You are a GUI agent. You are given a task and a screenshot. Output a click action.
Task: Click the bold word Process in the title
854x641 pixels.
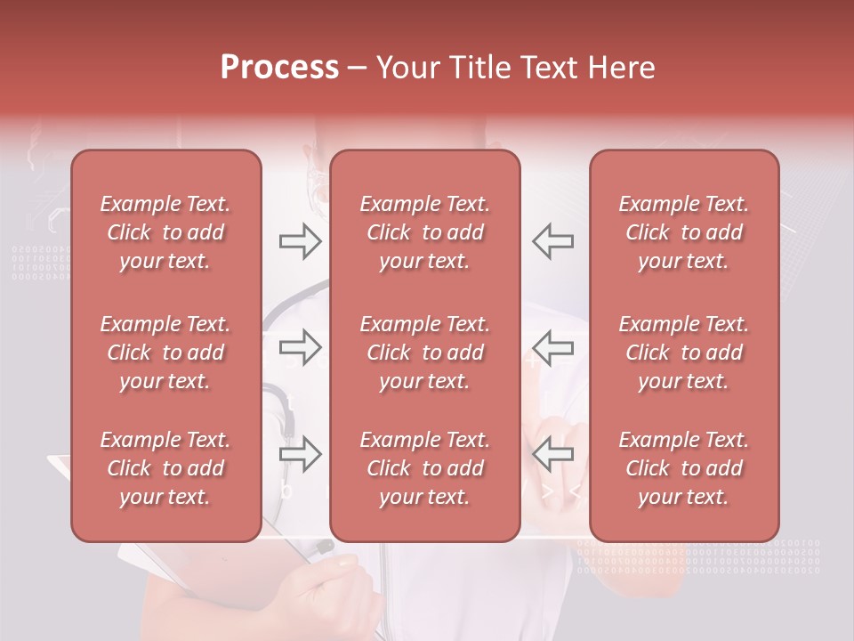pos(279,68)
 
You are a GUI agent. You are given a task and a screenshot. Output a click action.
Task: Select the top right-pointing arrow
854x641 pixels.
pos(300,241)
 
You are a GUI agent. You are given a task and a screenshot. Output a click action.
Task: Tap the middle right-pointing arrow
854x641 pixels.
pos(300,348)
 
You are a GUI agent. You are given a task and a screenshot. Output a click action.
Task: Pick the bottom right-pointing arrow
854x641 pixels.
pos(300,455)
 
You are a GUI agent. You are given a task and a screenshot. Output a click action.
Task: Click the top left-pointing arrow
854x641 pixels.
pos(552,241)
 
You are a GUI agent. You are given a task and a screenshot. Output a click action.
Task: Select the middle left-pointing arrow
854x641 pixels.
pos(552,348)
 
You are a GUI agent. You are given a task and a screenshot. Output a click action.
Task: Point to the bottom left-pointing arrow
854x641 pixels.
pos(552,455)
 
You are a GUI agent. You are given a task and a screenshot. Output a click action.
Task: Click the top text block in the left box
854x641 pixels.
pos(165,232)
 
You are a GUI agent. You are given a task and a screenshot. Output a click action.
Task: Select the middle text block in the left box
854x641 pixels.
pos(165,353)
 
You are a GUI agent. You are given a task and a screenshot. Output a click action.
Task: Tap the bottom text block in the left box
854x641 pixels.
pos(165,468)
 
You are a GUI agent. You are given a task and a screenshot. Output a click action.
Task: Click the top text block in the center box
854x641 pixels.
pos(424,232)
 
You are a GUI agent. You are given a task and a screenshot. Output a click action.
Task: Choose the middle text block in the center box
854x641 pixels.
pos(424,353)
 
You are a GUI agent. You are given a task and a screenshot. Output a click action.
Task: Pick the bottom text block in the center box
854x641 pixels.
pos(424,468)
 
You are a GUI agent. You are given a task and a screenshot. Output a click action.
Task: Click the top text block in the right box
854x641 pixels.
pos(683,232)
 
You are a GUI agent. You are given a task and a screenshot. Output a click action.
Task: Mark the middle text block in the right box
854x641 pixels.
pos(683,353)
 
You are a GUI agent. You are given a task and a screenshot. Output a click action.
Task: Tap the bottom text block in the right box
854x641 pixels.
pos(683,468)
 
